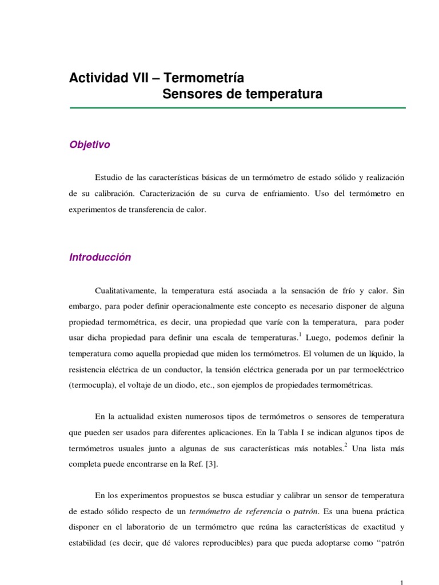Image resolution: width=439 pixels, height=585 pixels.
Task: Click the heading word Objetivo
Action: tap(90, 145)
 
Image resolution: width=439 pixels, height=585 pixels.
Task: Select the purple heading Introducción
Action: tap(100, 257)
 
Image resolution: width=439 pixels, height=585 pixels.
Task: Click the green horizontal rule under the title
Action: tap(237, 107)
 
